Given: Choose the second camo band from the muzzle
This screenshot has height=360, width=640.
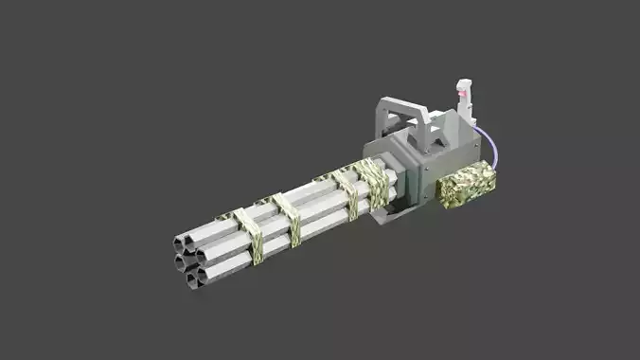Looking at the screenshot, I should click(287, 218).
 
